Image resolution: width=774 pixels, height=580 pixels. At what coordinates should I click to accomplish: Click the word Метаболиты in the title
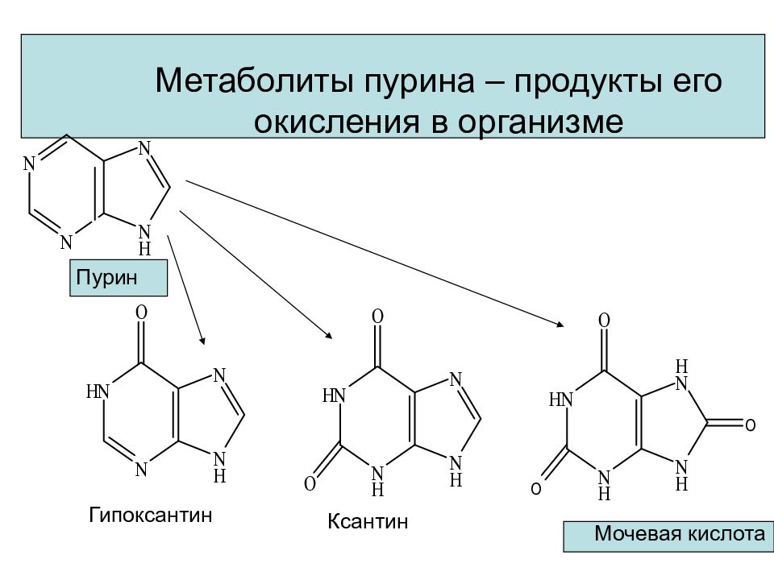point(254,81)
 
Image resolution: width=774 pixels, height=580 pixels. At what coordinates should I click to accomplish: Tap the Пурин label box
point(119,278)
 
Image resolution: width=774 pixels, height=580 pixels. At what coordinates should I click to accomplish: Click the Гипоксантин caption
point(151,515)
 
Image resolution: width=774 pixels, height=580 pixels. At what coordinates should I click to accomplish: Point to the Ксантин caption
point(368,521)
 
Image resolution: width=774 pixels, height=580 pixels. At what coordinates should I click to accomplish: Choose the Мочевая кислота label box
point(668,536)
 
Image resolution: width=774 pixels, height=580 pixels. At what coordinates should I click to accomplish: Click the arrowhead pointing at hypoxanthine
point(202,340)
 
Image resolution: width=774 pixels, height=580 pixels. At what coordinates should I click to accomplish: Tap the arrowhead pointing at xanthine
point(328,335)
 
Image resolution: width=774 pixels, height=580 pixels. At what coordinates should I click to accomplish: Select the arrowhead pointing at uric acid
point(560,324)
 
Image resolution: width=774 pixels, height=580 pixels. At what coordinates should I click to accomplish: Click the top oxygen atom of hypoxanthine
point(141,313)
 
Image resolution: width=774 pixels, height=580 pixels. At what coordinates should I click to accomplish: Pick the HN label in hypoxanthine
point(98,392)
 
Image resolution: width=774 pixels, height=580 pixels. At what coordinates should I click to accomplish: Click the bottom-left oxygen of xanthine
point(310,484)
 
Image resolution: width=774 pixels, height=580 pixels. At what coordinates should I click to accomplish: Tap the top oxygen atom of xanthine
point(377,316)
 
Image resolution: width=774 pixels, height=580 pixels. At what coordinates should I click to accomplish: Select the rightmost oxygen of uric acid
point(751,425)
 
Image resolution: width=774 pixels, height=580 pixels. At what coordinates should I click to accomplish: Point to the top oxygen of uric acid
point(604,321)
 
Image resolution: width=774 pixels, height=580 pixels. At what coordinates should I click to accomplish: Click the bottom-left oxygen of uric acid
point(536,489)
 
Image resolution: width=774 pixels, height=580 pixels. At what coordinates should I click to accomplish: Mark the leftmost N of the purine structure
point(29,164)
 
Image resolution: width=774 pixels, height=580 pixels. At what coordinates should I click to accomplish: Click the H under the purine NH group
point(144,248)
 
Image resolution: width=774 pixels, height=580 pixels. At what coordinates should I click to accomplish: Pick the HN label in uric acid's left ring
point(561,400)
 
